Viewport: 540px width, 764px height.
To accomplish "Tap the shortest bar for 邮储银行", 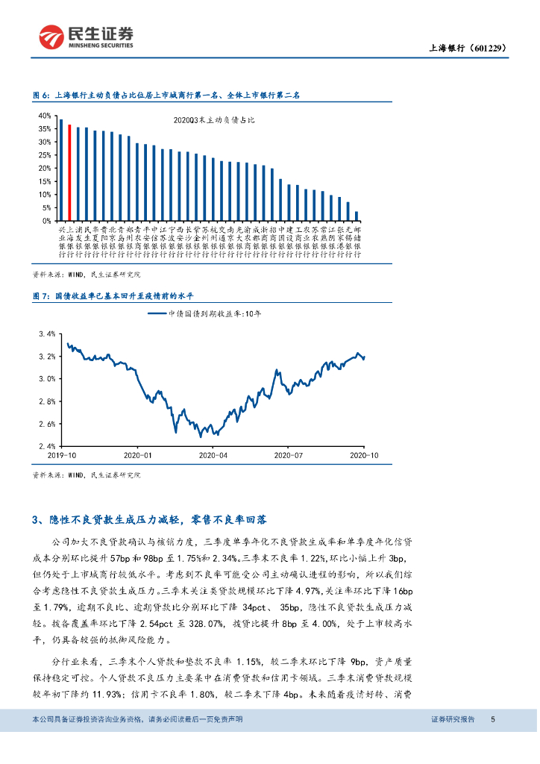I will tap(357, 216).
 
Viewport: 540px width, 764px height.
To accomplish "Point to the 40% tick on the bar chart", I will tap(44, 116).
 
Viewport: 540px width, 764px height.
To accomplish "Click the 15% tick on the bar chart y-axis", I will tap(44, 181).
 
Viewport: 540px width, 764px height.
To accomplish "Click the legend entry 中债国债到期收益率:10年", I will tap(205, 314).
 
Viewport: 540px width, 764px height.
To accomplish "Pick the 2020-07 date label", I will tap(287, 454).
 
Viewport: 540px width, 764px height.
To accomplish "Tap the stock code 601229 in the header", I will tap(488, 48).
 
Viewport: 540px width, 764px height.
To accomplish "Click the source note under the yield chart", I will tap(87, 475).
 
